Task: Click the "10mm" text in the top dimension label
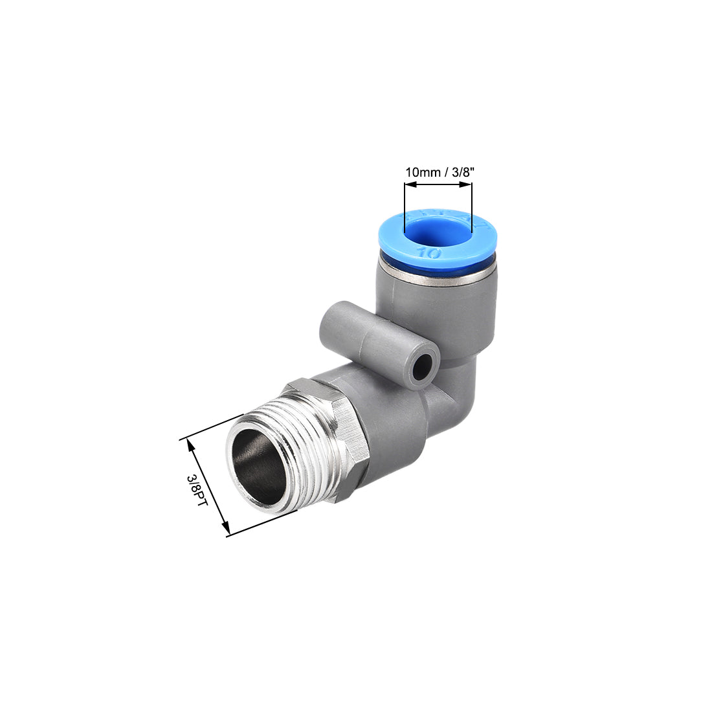[419, 172]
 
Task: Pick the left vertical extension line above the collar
[405, 207]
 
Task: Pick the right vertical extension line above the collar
[472, 207]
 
